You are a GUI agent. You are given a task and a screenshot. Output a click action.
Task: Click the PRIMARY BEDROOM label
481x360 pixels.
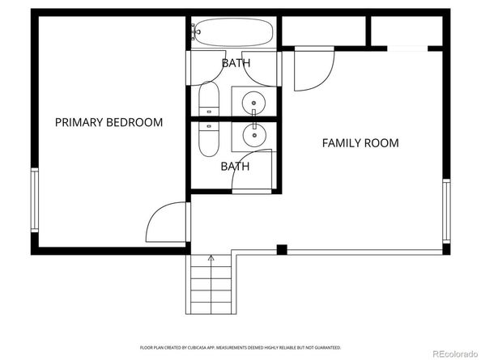pyautogui.click(x=109, y=123)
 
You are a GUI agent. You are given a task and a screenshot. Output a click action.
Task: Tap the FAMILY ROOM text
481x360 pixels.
pyautogui.click(x=360, y=143)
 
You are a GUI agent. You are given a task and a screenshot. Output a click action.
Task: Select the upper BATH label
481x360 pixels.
pyautogui.click(x=236, y=62)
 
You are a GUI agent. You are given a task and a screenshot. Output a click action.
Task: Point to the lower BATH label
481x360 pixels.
pyautogui.click(x=236, y=167)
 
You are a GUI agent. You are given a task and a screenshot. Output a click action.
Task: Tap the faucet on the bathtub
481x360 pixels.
pyautogui.click(x=195, y=32)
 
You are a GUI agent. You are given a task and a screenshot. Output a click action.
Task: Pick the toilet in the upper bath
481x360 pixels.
pyautogui.click(x=208, y=101)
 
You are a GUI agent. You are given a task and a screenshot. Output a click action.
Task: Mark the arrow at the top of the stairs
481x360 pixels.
pyautogui.click(x=211, y=259)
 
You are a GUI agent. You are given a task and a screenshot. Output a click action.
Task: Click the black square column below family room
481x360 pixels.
pyautogui.click(x=282, y=249)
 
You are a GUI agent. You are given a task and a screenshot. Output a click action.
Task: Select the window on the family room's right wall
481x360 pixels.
pyautogui.click(x=445, y=210)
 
